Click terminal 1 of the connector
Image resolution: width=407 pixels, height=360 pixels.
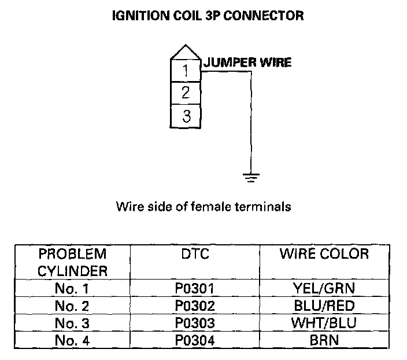tap(186, 71)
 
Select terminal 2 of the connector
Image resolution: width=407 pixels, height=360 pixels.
tap(186, 93)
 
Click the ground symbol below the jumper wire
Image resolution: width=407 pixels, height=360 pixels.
tap(250, 177)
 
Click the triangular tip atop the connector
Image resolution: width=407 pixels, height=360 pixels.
tap(186, 52)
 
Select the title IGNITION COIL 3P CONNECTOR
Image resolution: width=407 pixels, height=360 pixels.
tap(207, 16)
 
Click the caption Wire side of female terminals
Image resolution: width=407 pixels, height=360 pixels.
tap(203, 207)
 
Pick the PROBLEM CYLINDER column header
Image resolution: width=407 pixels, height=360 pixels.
tap(72, 262)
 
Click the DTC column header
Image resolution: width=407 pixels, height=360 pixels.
tap(194, 254)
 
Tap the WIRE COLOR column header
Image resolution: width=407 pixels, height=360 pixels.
tap(324, 254)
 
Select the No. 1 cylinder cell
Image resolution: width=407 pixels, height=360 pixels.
tap(72, 288)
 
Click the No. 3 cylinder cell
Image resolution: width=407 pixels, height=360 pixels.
tap(72, 323)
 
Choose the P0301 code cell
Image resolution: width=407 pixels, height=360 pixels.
tap(194, 288)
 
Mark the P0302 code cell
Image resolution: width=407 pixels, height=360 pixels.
tap(194, 306)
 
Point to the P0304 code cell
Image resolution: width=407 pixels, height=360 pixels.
tap(194, 340)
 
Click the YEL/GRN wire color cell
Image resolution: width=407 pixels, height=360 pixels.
tap(324, 288)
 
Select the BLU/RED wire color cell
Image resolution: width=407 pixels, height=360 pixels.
tap(324, 306)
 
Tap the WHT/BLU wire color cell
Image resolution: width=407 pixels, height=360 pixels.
tap(324, 323)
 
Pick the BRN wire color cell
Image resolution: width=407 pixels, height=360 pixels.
tap(324, 340)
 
